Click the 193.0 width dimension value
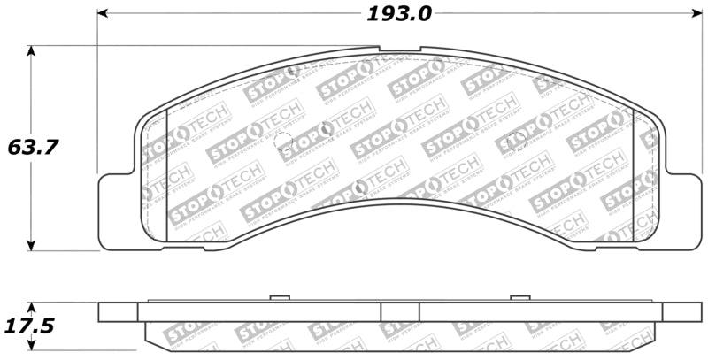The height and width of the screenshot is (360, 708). coord(398,14)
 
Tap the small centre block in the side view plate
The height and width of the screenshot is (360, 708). coord(399,312)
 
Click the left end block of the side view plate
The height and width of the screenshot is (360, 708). coord(119,312)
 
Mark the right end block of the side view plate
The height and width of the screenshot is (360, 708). coord(680,312)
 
